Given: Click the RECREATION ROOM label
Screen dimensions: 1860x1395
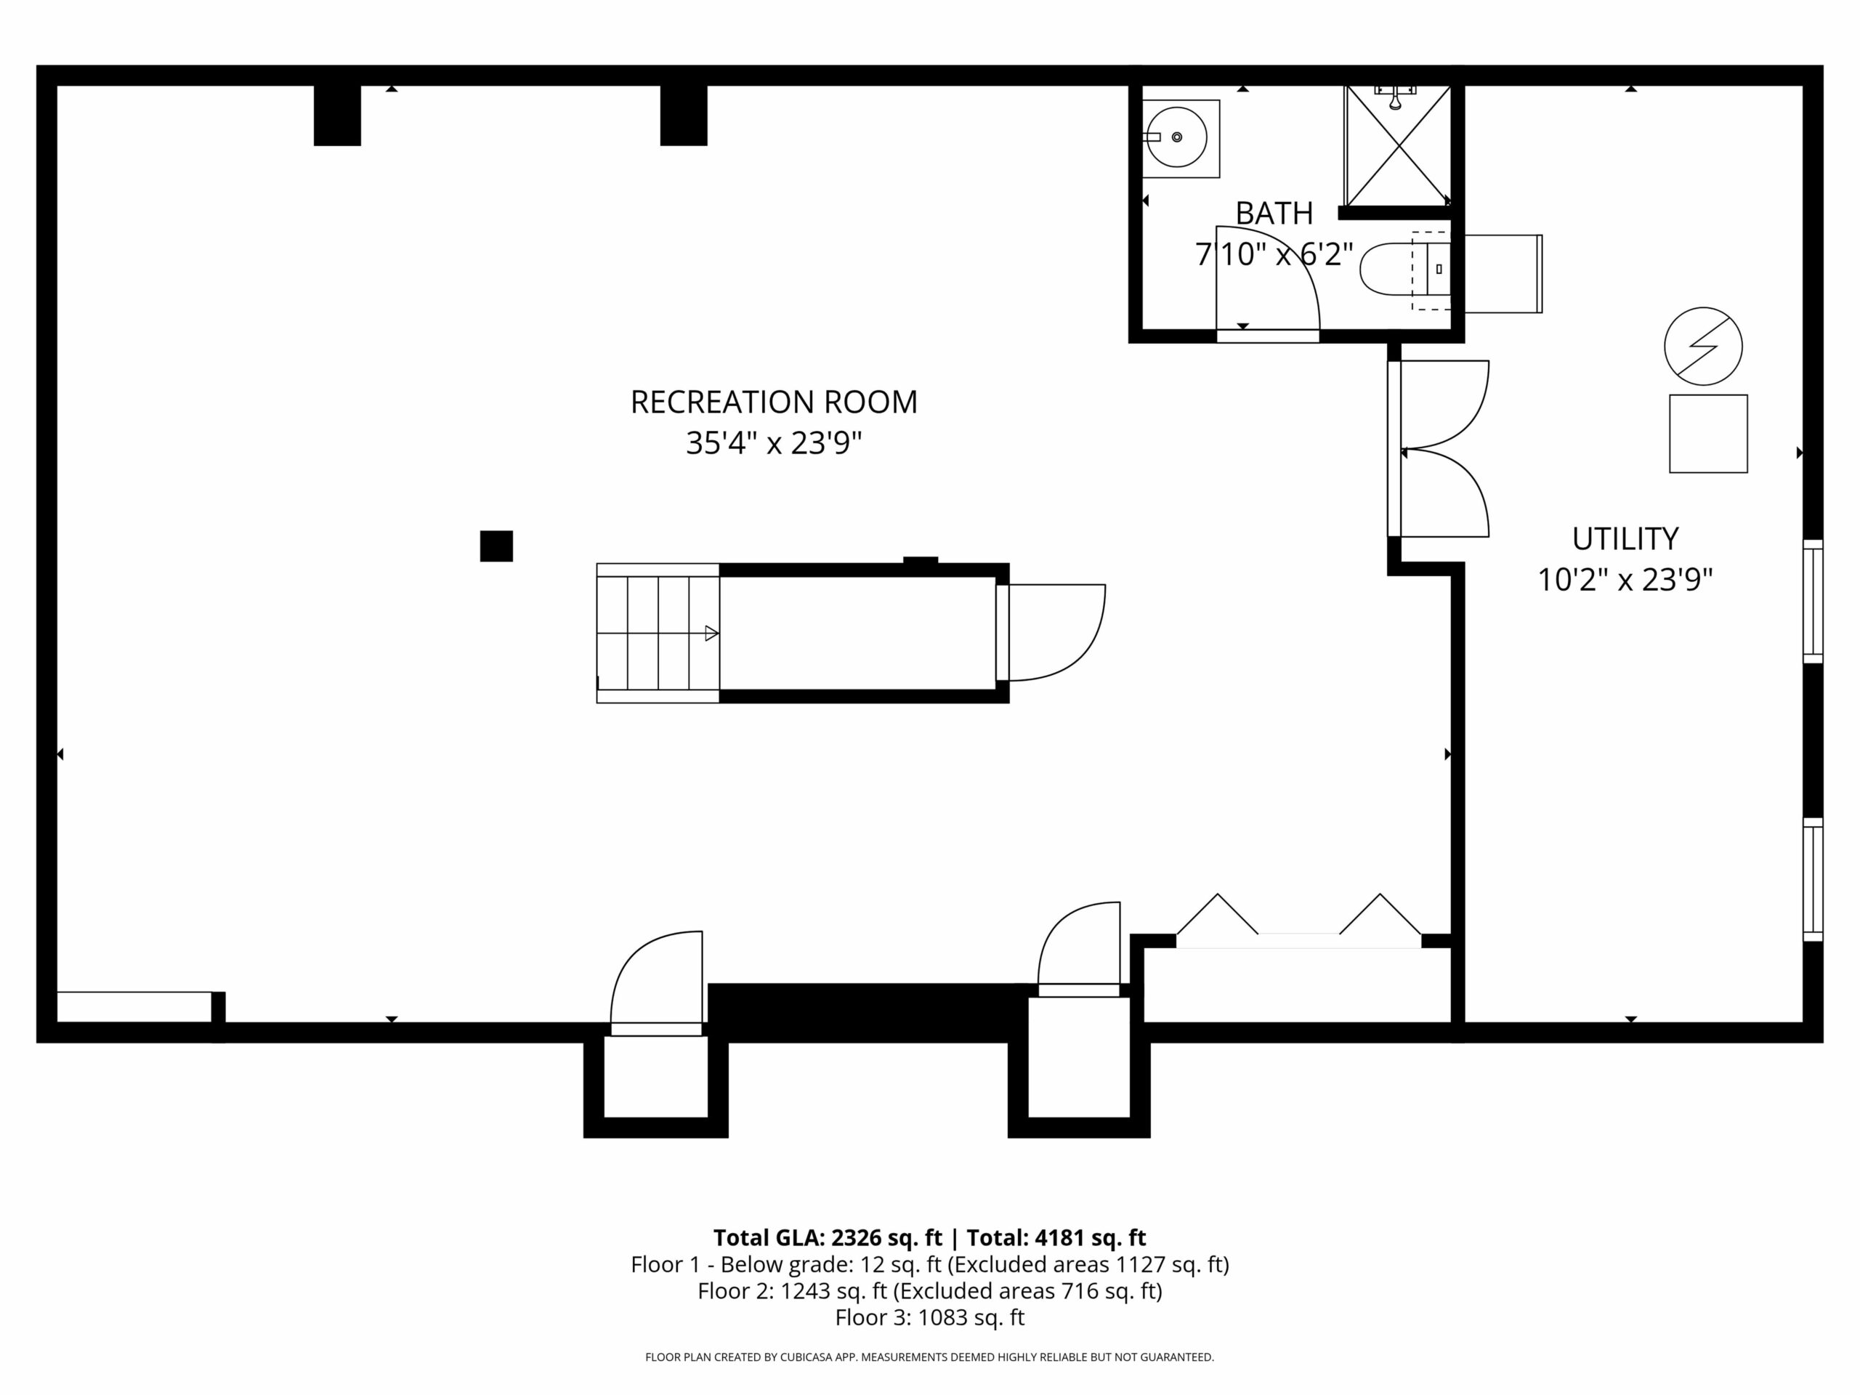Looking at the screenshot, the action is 774,402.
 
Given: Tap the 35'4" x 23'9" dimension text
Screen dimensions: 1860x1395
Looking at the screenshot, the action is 774,443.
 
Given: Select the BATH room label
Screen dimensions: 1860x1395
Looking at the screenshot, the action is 1274,214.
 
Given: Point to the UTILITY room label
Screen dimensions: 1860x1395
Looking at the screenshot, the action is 1625,538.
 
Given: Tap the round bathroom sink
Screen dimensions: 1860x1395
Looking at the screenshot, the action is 1177,137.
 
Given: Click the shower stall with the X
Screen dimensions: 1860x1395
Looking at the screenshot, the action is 1397,145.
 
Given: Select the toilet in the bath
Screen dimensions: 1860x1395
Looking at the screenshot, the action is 1405,269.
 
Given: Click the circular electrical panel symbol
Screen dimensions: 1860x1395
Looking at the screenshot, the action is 1703,347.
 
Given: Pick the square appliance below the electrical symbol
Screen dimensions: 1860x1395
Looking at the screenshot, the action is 1708,434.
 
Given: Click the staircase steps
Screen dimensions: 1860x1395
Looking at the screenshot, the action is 658,633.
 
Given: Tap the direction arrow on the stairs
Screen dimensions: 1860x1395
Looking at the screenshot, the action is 711,633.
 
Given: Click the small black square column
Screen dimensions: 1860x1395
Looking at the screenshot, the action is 496,546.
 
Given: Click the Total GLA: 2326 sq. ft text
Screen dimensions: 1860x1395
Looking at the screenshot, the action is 828,1238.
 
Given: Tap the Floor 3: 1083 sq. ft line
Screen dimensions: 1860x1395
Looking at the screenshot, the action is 930,1318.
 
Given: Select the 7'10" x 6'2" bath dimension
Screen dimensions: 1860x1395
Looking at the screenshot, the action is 1274,254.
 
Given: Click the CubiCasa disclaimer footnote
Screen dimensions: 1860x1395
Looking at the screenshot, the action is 930,1357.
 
